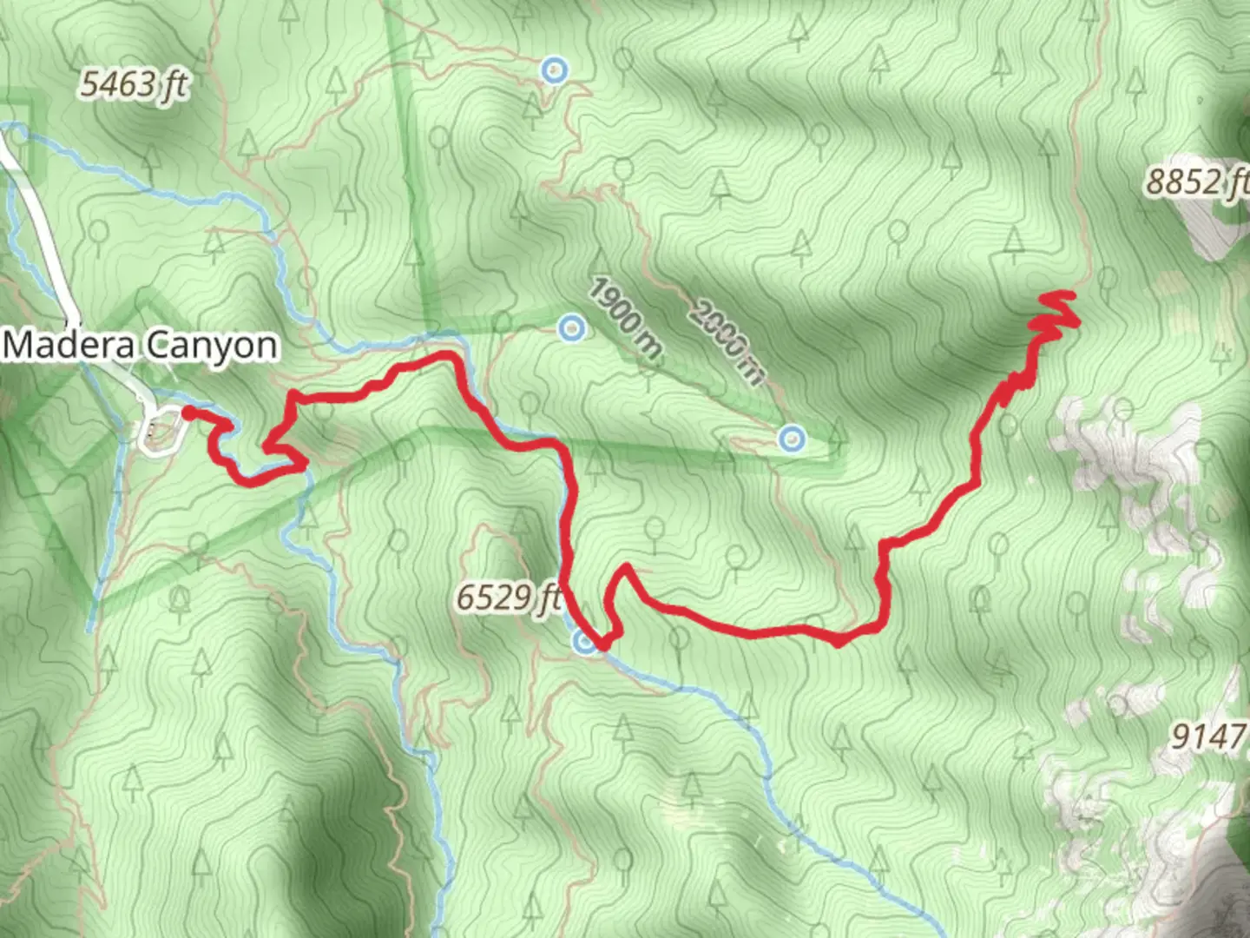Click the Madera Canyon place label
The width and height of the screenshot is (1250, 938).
click(141, 346)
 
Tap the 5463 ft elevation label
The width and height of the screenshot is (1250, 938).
click(134, 84)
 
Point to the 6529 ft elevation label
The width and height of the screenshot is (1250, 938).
click(508, 598)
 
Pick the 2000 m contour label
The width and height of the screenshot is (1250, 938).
click(728, 340)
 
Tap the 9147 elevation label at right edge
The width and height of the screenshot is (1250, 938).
click(1209, 737)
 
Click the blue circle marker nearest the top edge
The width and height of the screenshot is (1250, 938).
click(554, 69)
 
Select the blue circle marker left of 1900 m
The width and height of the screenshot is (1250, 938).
click(571, 328)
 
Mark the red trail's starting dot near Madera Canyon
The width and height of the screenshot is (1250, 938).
click(187, 413)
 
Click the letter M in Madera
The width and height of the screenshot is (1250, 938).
click(19, 346)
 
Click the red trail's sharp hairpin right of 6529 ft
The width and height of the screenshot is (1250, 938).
click(623, 569)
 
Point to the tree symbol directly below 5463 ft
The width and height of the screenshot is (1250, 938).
click(151, 157)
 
